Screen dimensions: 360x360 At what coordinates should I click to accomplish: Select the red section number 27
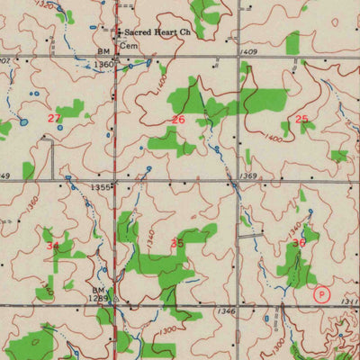54,118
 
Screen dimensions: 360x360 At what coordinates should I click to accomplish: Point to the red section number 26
178,119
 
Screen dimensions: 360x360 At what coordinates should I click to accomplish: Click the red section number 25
301,119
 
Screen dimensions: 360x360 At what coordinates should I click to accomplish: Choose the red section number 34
52,245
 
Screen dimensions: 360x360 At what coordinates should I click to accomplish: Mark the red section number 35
177,243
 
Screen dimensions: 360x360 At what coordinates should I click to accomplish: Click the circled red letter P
321,293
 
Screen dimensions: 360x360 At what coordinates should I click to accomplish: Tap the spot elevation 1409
248,53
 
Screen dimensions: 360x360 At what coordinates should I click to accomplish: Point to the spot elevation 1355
101,187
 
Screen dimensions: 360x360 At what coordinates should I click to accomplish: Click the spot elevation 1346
226,311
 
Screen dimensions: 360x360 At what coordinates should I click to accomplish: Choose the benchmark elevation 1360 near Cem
104,65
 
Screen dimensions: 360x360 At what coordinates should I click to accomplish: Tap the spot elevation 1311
350,303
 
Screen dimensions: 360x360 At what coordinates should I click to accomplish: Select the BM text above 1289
98,289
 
